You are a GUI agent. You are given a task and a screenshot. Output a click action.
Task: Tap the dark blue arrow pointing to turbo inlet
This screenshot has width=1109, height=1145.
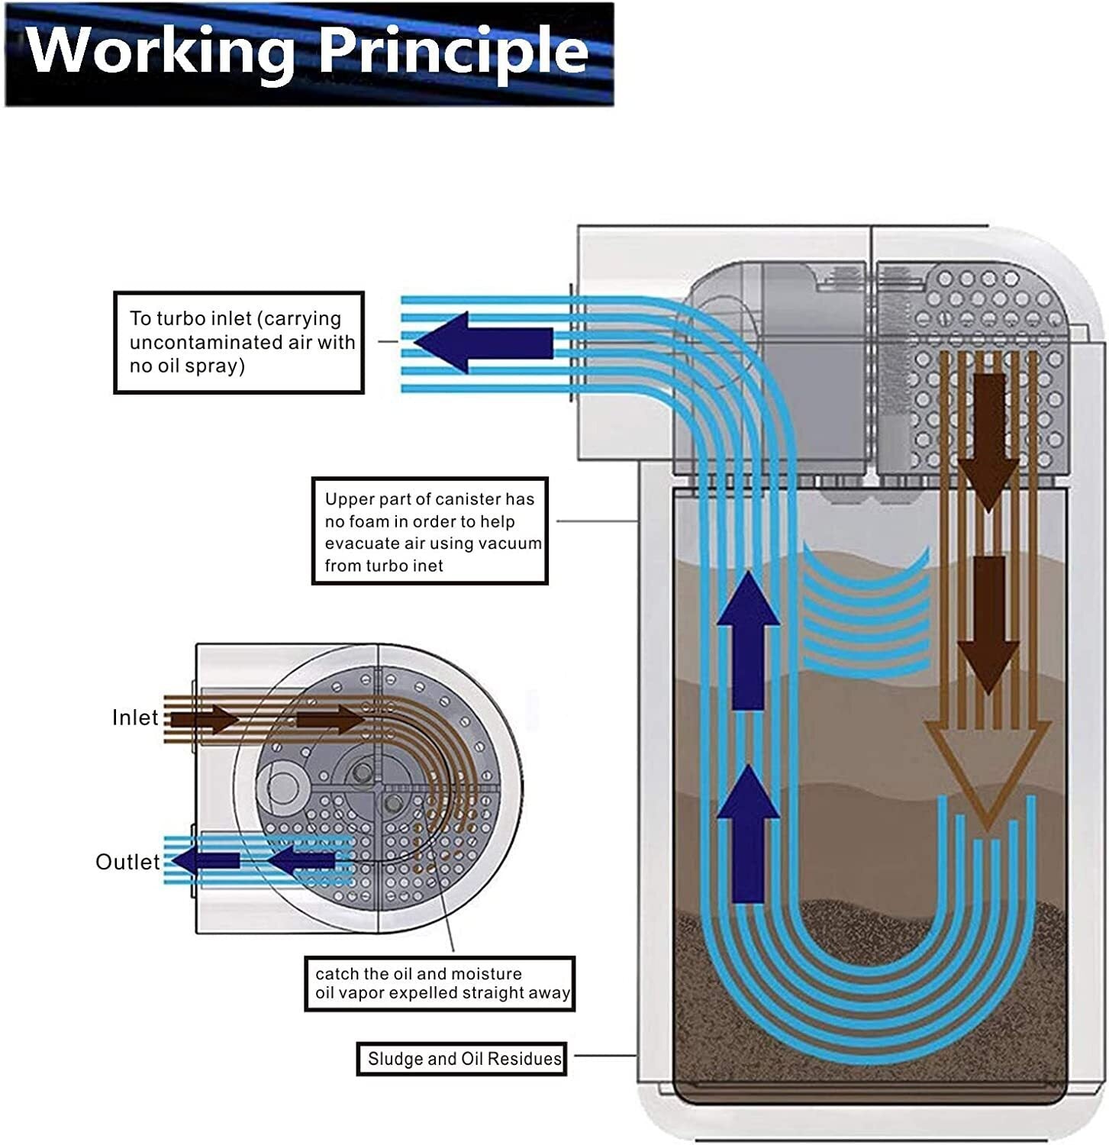tap(483, 343)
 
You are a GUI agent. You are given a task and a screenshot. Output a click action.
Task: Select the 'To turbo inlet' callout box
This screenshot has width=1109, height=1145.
tap(239, 343)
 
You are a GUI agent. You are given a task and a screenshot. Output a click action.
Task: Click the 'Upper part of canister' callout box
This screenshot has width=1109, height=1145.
tap(430, 531)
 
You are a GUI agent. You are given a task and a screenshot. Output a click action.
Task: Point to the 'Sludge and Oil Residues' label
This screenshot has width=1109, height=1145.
tap(462, 1059)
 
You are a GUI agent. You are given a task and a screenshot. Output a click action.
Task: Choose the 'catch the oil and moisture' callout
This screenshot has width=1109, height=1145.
tap(440, 984)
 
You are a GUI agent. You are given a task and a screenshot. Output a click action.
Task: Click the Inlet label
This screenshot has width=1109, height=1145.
tap(135, 718)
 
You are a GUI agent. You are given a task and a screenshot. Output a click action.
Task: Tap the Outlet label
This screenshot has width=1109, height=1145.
tap(127, 862)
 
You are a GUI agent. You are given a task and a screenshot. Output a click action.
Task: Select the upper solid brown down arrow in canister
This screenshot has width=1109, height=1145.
tap(988, 443)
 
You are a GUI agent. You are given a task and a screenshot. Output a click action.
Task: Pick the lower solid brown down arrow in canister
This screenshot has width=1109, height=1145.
tap(988, 624)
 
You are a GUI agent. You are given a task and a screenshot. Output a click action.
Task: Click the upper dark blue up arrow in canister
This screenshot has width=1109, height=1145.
tap(748, 640)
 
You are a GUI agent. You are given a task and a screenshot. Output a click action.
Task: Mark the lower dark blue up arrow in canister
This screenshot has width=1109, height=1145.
tap(748, 833)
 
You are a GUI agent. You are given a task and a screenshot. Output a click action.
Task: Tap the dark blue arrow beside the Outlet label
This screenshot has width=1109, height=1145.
tap(206, 861)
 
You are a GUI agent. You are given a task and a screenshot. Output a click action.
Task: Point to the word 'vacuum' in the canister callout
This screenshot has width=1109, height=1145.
tap(513, 543)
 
